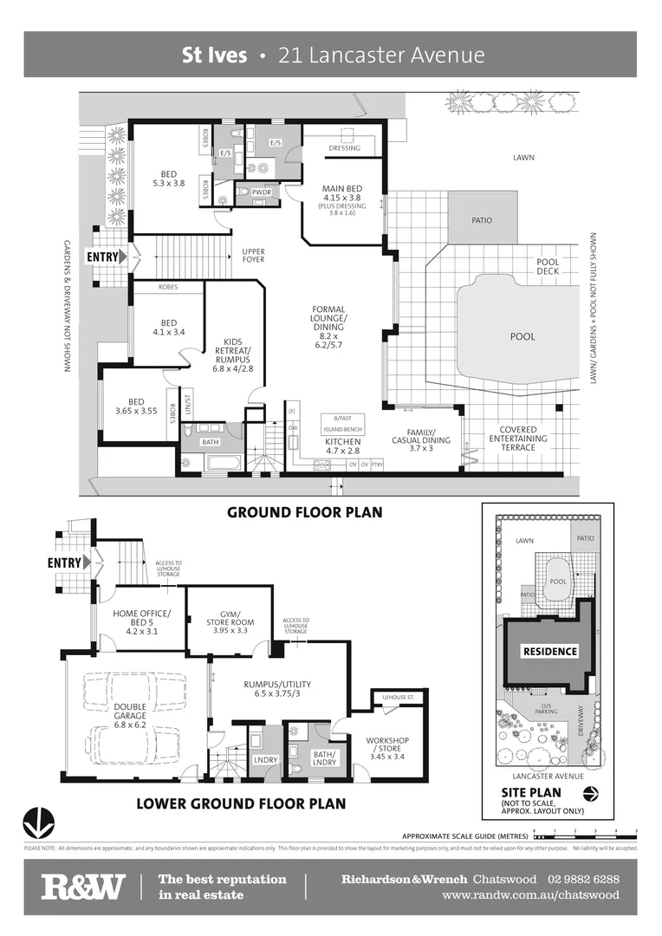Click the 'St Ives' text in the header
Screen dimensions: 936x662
[x=214, y=55]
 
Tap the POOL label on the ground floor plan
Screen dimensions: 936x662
[x=522, y=335]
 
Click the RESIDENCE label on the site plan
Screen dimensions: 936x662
[x=548, y=651]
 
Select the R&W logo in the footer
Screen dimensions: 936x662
[x=82, y=887]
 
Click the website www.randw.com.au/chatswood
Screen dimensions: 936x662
[x=530, y=895]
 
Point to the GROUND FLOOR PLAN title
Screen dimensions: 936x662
[x=304, y=512]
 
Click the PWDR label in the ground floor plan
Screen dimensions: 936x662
[x=262, y=192]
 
